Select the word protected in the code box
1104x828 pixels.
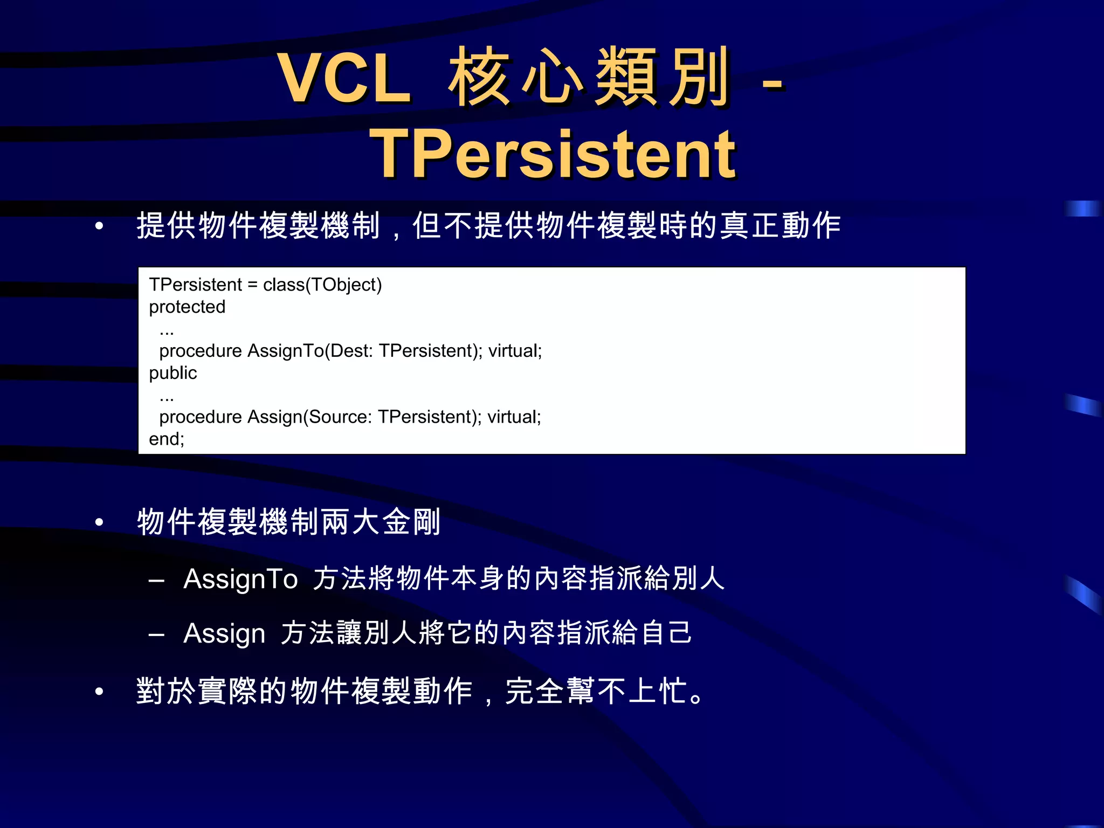pos(187,307)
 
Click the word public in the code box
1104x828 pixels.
pos(173,373)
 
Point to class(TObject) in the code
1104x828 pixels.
pos(322,285)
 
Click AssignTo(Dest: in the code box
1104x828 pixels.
pos(310,351)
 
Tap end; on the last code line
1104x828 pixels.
pos(167,439)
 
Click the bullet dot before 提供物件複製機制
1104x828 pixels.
pos(99,226)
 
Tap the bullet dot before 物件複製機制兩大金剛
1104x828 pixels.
pos(99,522)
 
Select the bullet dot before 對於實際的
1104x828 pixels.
pos(99,692)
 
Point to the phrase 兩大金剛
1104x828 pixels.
pos(381,522)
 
